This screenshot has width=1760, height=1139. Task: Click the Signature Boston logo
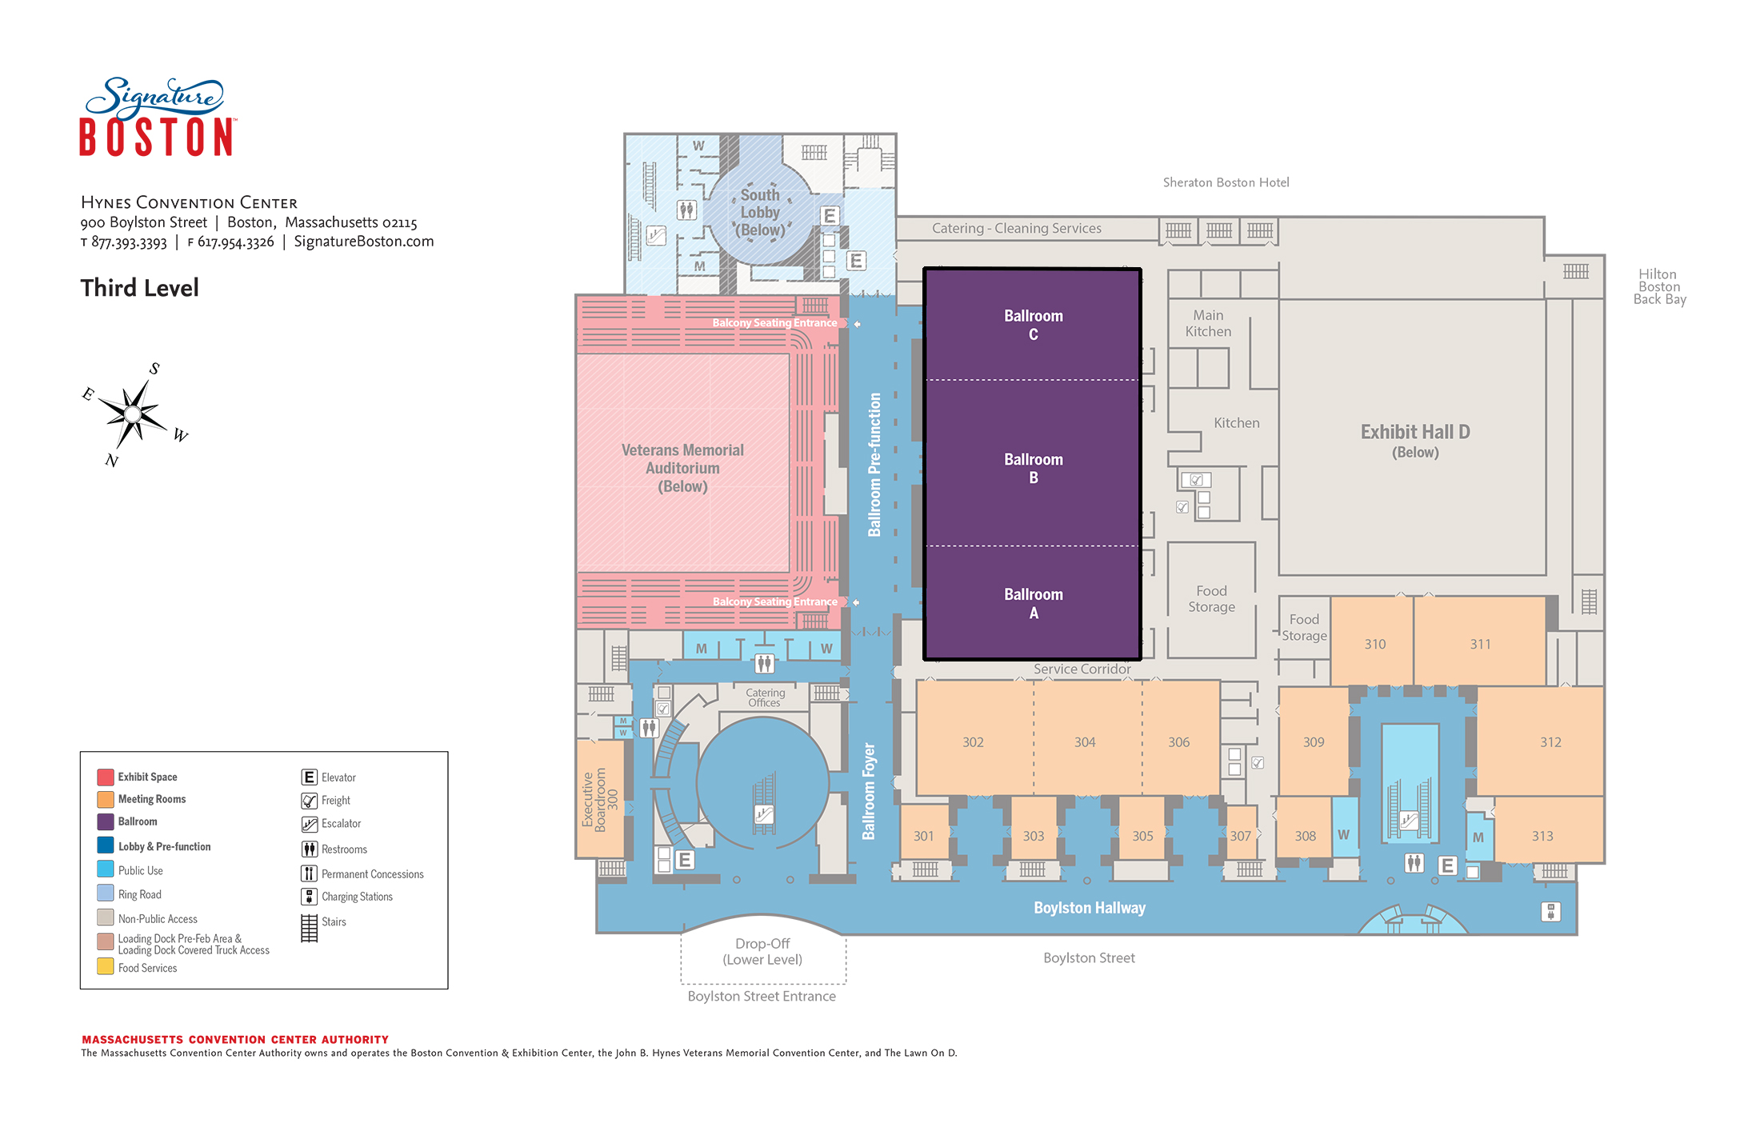tap(157, 117)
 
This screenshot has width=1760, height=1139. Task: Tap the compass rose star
tap(133, 414)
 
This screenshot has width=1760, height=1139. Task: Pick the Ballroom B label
tap(1034, 468)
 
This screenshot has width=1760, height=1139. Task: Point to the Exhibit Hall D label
tap(1415, 441)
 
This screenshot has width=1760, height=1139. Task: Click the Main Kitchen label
tap(1208, 323)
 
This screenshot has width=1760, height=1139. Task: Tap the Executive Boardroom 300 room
tap(600, 798)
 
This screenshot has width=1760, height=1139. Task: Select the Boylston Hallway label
tap(1090, 908)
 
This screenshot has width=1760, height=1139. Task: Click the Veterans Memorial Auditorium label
tap(682, 468)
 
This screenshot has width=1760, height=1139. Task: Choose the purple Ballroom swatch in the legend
tap(105, 821)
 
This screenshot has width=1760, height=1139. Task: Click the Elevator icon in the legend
tap(309, 777)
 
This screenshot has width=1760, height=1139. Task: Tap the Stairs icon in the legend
tap(309, 928)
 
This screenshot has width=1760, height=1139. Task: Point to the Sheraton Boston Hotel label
tap(1226, 182)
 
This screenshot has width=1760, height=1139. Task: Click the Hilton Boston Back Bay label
tap(1659, 286)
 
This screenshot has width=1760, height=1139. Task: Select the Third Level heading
tap(139, 288)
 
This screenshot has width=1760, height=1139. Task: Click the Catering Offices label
tap(765, 697)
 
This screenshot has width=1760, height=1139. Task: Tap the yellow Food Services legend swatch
tap(105, 966)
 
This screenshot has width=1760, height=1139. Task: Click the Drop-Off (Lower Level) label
tap(762, 951)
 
